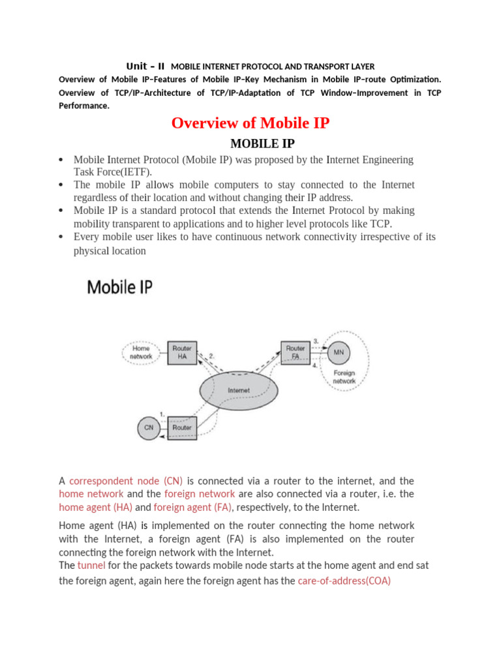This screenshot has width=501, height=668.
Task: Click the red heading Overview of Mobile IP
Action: [x=250, y=123]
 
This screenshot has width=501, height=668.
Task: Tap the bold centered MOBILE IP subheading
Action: [x=250, y=144]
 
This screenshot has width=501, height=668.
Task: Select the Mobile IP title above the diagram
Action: [x=120, y=286]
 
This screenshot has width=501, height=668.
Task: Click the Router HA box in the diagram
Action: [x=182, y=353]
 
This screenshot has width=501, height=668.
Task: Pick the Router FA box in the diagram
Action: [x=295, y=352]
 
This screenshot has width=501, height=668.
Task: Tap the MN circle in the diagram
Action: [x=339, y=352]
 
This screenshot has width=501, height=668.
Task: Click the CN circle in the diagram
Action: [x=149, y=428]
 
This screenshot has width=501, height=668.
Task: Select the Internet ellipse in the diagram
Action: [x=238, y=390]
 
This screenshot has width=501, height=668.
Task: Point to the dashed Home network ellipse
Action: [x=141, y=353]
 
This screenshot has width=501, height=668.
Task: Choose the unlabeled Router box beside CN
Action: [x=182, y=428]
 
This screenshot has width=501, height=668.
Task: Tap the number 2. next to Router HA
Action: [x=211, y=356]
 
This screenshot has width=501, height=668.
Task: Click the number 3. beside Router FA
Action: [x=316, y=341]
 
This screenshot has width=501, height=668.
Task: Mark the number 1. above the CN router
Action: [x=162, y=413]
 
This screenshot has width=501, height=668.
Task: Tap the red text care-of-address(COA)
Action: [x=344, y=581]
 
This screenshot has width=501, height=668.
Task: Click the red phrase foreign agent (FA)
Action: [x=191, y=507]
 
